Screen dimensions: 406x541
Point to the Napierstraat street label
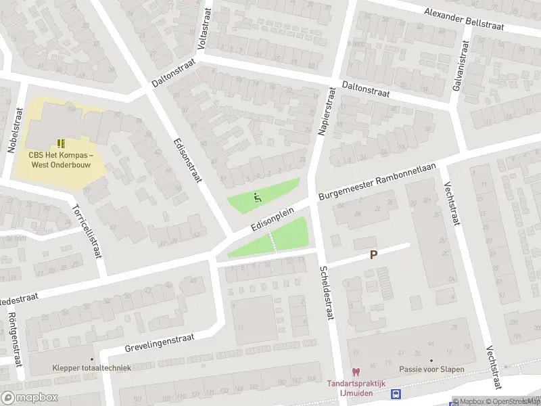point(327,112)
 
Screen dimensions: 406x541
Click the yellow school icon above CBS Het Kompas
point(61,143)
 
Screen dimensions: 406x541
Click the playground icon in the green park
point(257,198)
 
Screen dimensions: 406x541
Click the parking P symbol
point(373,255)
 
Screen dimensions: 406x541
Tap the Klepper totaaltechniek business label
point(91,368)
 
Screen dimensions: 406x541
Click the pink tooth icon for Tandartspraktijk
point(355,371)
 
